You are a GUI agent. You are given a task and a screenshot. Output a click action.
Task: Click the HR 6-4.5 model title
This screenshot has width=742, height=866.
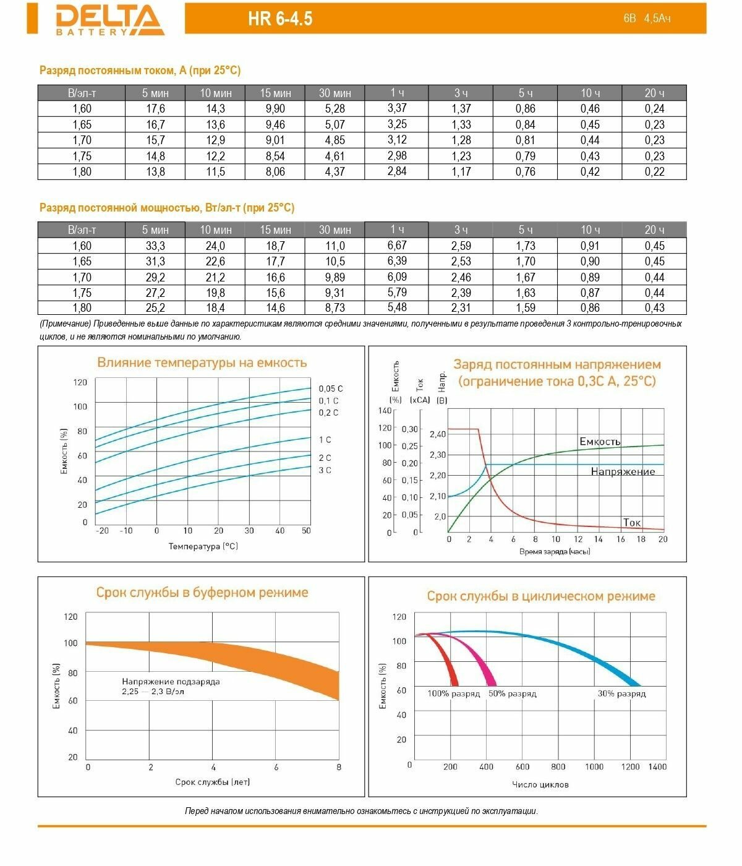tap(280, 19)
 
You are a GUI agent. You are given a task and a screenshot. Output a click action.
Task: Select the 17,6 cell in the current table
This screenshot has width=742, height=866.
tap(155, 109)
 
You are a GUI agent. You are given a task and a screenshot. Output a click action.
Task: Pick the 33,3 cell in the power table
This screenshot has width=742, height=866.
tap(155, 246)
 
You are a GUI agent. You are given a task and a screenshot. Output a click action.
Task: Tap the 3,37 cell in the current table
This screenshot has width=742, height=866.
tap(397, 109)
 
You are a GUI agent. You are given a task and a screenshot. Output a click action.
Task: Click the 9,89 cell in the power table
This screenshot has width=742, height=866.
tap(335, 277)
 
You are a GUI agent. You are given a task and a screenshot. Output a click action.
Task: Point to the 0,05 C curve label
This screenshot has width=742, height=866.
tap(330, 388)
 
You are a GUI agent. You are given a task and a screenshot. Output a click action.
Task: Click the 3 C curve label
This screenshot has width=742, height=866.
tap(325, 470)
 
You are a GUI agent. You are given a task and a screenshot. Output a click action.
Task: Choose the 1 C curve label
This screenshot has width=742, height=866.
tap(325, 440)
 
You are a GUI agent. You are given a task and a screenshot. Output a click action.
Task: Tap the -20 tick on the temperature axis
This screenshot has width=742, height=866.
tap(102, 531)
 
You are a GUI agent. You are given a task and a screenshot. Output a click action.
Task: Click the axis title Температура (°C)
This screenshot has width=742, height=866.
tap(203, 546)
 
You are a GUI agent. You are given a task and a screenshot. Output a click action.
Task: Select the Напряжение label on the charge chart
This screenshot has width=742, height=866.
tap(623, 472)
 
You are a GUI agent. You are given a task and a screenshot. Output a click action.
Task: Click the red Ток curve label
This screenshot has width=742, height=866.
tap(632, 523)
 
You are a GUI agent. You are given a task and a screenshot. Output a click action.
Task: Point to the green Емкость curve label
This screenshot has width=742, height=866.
tap(600, 442)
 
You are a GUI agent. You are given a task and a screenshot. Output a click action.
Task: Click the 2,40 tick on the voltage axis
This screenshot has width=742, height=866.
tap(438, 434)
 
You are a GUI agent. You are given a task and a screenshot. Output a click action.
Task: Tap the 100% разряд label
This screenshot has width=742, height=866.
tap(453, 694)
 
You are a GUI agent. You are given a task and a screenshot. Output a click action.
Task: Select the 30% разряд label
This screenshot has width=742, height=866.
tap(621, 694)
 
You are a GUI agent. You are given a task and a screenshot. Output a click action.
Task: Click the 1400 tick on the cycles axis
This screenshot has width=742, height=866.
tap(657, 766)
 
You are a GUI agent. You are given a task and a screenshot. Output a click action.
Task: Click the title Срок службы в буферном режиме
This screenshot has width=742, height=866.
tap(202, 593)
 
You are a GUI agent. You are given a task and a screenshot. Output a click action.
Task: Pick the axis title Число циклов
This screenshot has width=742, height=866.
tap(540, 784)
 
